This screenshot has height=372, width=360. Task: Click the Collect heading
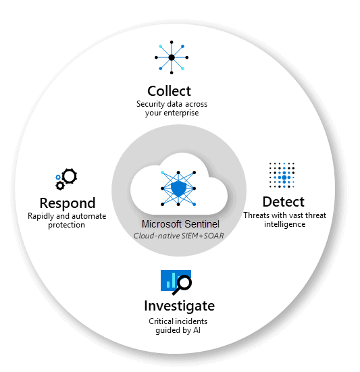click(x=169, y=90)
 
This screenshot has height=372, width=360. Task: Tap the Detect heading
click(x=283, y=201)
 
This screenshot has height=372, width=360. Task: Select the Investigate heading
click(x=179, y=305)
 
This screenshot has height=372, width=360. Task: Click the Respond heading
click(x=67, y=203)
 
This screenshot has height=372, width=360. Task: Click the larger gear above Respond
click(x=69, y=176)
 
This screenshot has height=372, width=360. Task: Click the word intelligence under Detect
click(x=283, y=224)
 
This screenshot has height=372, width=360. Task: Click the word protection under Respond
click(x=66, y=225)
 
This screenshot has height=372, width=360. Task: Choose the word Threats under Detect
click(x=257, y=215)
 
